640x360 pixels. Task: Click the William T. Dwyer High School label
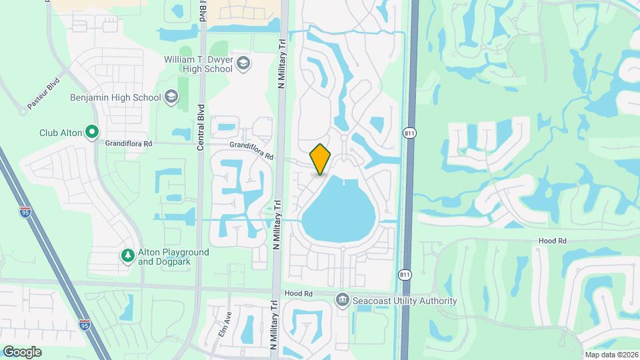pos(198,65)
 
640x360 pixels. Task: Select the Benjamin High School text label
pos(115,97)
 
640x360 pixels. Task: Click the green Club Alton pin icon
pos(93,133)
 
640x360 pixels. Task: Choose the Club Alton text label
pos(61,133)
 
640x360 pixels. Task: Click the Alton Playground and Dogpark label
pos(173,257)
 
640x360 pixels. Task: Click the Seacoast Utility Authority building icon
pos(343,301)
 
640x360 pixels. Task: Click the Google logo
pos(22,351)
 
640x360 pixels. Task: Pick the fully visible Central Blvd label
pos(200,127)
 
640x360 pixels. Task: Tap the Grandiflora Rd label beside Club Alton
pos(129,143)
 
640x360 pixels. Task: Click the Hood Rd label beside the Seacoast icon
pos(298,293)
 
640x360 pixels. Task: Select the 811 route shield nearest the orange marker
pos(409,133)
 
